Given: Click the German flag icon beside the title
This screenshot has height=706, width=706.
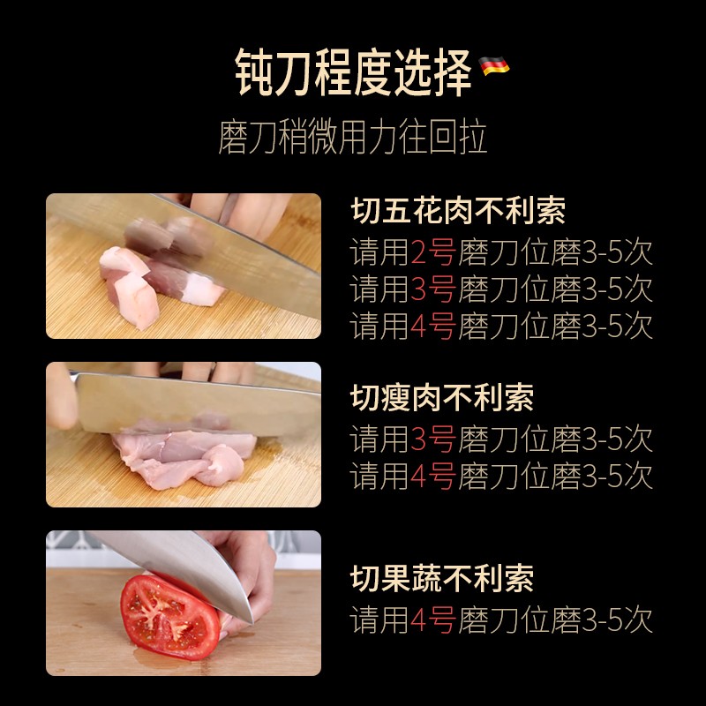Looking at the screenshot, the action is pyautogui.click(x=494, y=65).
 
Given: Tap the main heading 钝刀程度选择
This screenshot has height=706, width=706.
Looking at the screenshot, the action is pyautogui.click(x=353, y=72).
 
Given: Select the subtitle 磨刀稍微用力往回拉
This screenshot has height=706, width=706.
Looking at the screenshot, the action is pyautogui.click(x=352, y=137).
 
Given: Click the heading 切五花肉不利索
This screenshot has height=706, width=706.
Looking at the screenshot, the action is pyautogui.click(x=458, y=211).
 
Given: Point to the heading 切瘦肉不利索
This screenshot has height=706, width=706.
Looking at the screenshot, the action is pyautogui.click(x=442, y=398).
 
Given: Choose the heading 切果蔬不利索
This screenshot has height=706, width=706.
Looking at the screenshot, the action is pyautogui.click(x=442, y=579).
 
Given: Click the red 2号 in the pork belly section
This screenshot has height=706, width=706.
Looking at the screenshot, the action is pyautogui.click(x=433, y=252).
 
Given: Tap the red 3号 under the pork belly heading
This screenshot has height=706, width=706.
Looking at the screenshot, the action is pyautogui.click(x=433, y=289).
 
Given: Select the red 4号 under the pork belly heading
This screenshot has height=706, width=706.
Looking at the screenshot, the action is pyautogui.click(x=433, y=326).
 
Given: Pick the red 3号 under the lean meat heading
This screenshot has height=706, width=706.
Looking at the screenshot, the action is pyautogui.click(x=433, y=439).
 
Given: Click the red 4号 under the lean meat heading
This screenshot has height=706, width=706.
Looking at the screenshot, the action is pyautogui.click(x=433, y=477).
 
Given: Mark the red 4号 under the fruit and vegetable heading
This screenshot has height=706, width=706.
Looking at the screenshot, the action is pyautogui.click(x=433, y=620).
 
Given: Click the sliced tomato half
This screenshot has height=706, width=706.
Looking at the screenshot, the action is pyautogui.click(x=169, y=617).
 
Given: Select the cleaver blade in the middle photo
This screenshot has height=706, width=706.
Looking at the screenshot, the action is pyautogui.click(x=198, y=405).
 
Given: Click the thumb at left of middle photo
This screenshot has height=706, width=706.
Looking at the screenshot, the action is pyautogui.click(x=61, y=396).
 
